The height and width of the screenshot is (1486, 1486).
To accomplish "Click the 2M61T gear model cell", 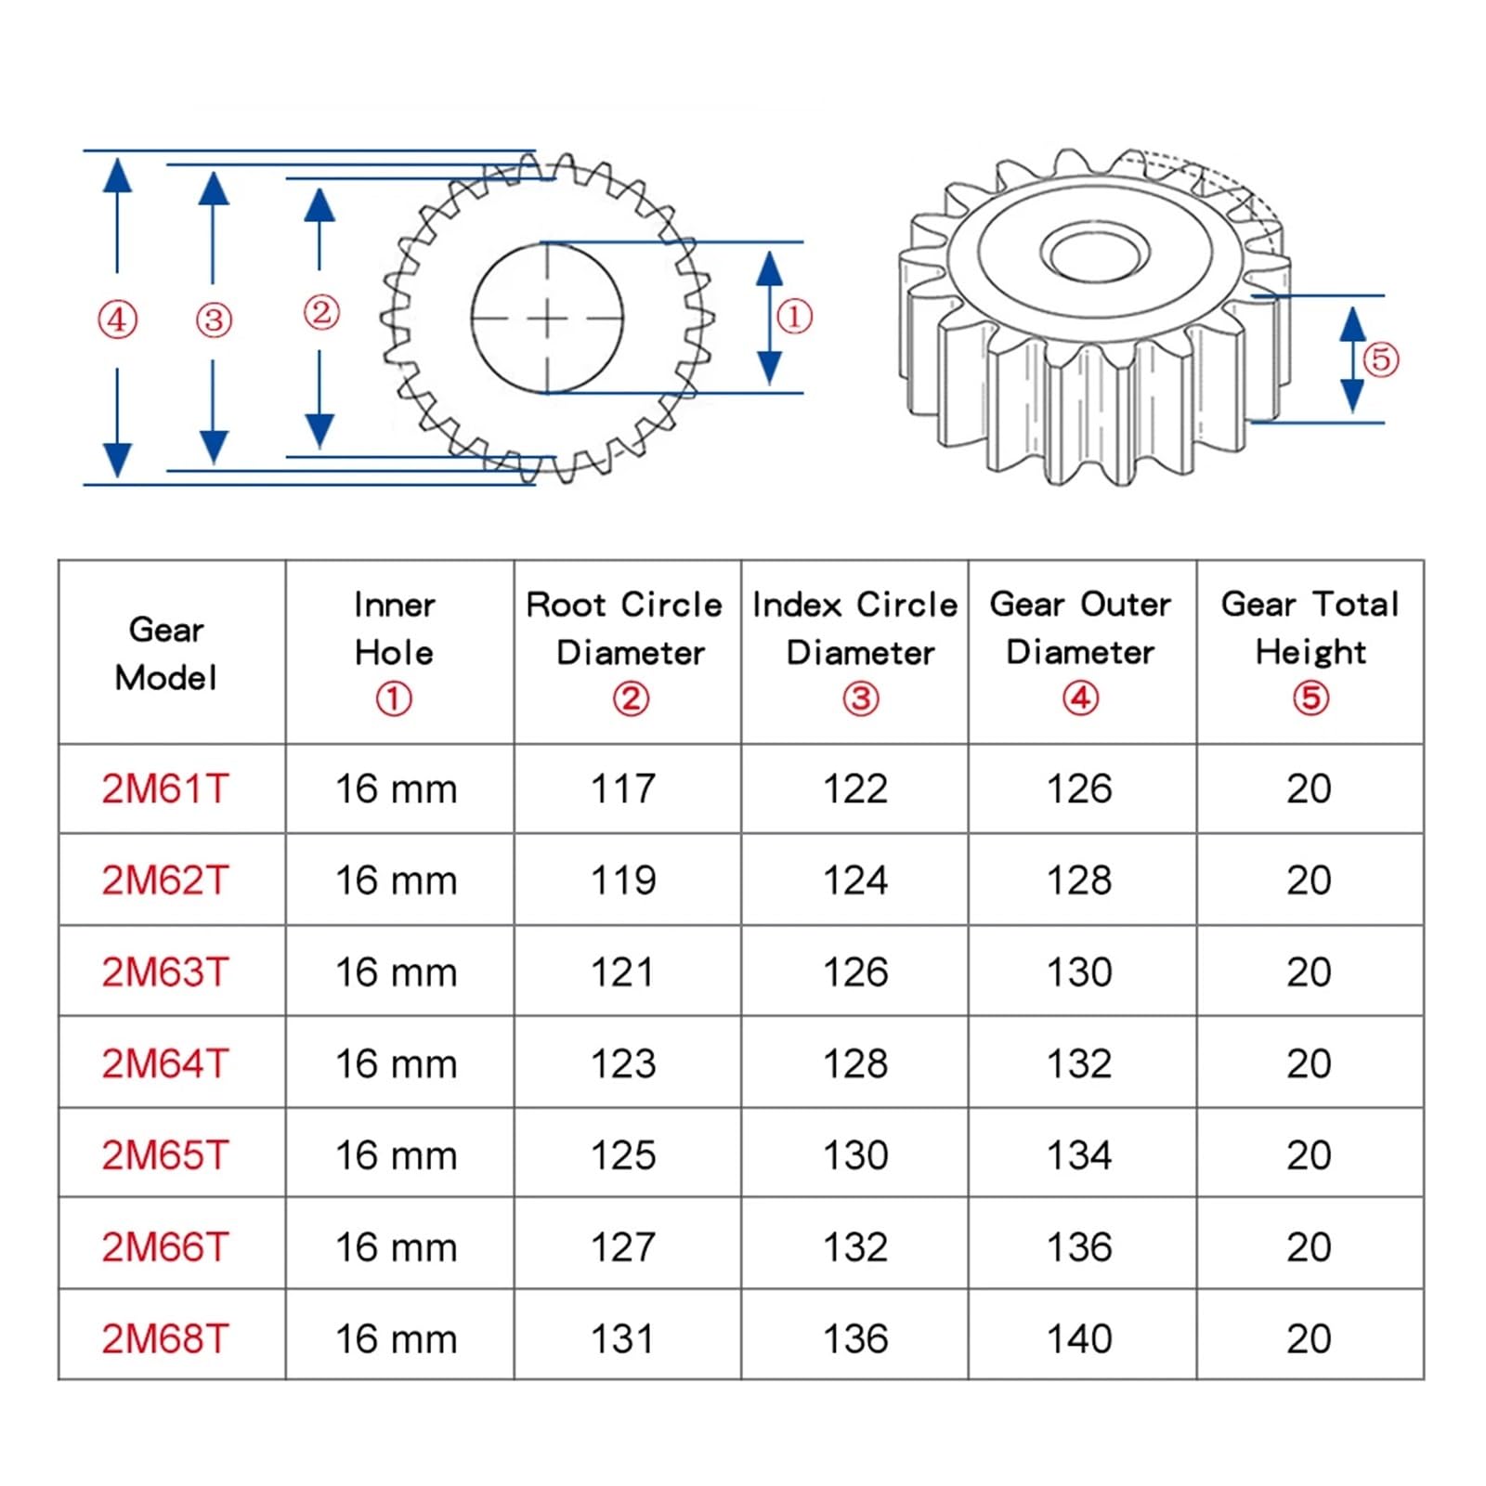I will click(x=165, y=789).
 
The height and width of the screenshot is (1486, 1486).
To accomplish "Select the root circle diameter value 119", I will click(x=623, y=880).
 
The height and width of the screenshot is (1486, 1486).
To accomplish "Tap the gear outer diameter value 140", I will click(x=1079, y=1338).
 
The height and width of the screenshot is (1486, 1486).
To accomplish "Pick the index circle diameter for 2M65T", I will click(x=855, y=1155).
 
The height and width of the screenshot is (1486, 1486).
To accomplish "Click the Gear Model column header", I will click(x=166, y=653).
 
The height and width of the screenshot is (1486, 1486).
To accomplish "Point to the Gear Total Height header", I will click(x=1310, y=628).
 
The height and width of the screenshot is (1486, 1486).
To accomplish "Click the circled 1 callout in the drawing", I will click(x=794, y=317).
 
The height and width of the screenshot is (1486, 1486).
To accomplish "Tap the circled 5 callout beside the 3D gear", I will click(x=1380, y=359).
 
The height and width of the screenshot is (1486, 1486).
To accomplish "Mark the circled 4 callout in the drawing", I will click(x=117, y=320).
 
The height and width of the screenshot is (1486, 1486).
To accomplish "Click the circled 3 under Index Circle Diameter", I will click(x=860, y=698).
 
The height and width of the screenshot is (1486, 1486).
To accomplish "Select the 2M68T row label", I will click(x=165, y=1338).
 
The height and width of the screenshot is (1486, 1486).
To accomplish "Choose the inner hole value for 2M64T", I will click(x=396, y=1063).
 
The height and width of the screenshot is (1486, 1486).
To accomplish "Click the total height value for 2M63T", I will click(x=1309, y=972).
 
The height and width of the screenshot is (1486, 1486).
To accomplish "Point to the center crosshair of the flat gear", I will click(x=547, y=319).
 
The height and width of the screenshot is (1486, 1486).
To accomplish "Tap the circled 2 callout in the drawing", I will click(x=321, y=313).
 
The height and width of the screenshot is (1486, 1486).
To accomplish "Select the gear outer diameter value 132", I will click(x=1079, y=1063).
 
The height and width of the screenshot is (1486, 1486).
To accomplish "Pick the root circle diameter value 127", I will click(x=623, y=1246).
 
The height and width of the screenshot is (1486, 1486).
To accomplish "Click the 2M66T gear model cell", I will click(x=165, y=1246).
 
